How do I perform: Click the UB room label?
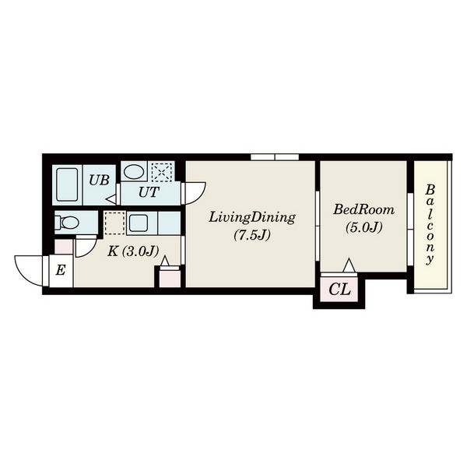pos(99,180)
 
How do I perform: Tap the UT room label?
pos(149,192)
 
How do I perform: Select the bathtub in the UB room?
pos(67,184)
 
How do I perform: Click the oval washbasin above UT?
pos(134,172)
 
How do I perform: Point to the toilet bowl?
pos(67,222)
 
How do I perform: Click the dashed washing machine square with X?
pos(161,172)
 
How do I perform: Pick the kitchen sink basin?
pos(139,223)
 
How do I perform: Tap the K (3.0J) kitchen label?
pos(133,251)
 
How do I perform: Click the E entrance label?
pos(61,270)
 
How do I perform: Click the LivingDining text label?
pos(251,218)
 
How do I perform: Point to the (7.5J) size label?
pos(252,235)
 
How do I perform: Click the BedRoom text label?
pos(363,209)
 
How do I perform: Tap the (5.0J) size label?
pos(363,227)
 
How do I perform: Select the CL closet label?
pos(339,289)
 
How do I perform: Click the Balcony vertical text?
pos(430,225)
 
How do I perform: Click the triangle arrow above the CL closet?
pos(349,265)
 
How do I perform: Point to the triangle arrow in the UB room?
pos(111,199)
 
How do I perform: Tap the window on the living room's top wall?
pos(275,157)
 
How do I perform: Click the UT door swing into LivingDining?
pos(195,193)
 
